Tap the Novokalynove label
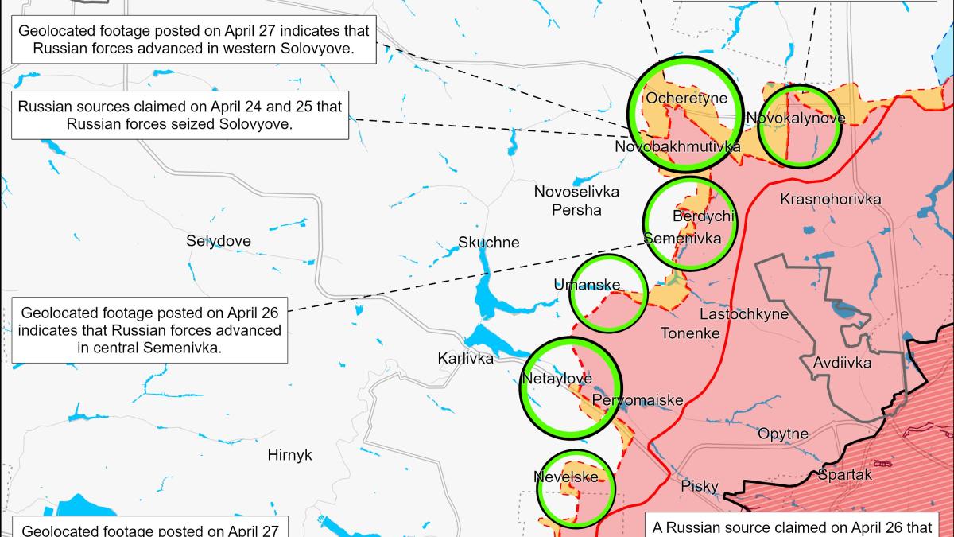pyautogui.click(x=796, y=119)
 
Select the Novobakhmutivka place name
pyautogui.click(x=677, y=147)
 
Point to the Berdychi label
pyautogui.click(x=703, y=216)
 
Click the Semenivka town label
pyautogui.click(x=682, y=239)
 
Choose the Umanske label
pyautogui.click(x=588, y=285)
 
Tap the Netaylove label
pyautogui.click(x=556, y=379)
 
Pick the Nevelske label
pyautogui.click(x=565, y=477)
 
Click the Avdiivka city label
pyautogui.click(x=842, y=363)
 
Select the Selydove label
pyautogui.click(x=219, y=241)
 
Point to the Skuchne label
pyautogui.click(x=489, y=243)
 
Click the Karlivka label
pyautogui.click(x=465, y=359)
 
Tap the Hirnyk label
pyautogui.click(x=290, y=455)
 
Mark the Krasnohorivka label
pyautogui.click(x=831, y=199)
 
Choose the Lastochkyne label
pyautogui.click(x=744, y=314)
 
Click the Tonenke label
pyautogui.click(x=690, y=333)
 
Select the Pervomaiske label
pyautogui.click(x=638, y=400)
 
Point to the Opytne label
pyautogui.click(x=783, y=434)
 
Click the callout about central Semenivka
pyautogui.click(x=150, y=329)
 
